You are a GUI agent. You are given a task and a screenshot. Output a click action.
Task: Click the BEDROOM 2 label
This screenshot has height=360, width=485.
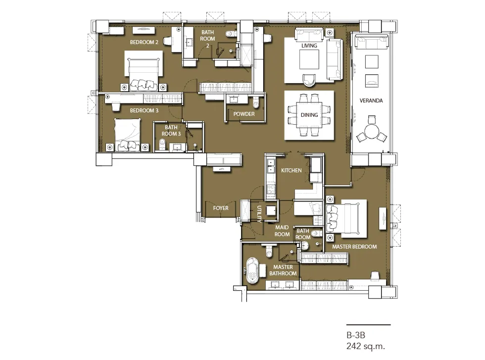144,42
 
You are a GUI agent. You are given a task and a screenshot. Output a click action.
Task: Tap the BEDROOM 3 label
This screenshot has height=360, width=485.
144,110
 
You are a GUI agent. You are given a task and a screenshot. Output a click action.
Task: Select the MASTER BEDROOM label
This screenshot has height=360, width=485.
354,247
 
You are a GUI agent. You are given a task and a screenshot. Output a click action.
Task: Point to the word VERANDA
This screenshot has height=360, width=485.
371,101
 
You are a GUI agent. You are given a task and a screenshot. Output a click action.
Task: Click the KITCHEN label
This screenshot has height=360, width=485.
291,170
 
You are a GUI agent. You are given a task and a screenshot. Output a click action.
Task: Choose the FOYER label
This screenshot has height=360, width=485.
221,208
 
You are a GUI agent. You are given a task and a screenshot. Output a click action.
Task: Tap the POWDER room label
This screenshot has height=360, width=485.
244,114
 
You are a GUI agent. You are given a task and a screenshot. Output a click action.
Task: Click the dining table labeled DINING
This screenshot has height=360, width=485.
309,115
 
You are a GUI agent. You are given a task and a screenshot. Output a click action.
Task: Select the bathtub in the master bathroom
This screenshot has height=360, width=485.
252,270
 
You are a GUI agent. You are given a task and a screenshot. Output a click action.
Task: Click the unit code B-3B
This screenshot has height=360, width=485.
356,335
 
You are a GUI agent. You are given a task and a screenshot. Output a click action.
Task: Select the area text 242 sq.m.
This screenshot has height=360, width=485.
366,346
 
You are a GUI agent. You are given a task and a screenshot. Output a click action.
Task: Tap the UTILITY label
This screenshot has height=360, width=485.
259,214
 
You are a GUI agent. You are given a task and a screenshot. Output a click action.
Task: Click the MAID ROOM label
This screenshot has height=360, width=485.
282,231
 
